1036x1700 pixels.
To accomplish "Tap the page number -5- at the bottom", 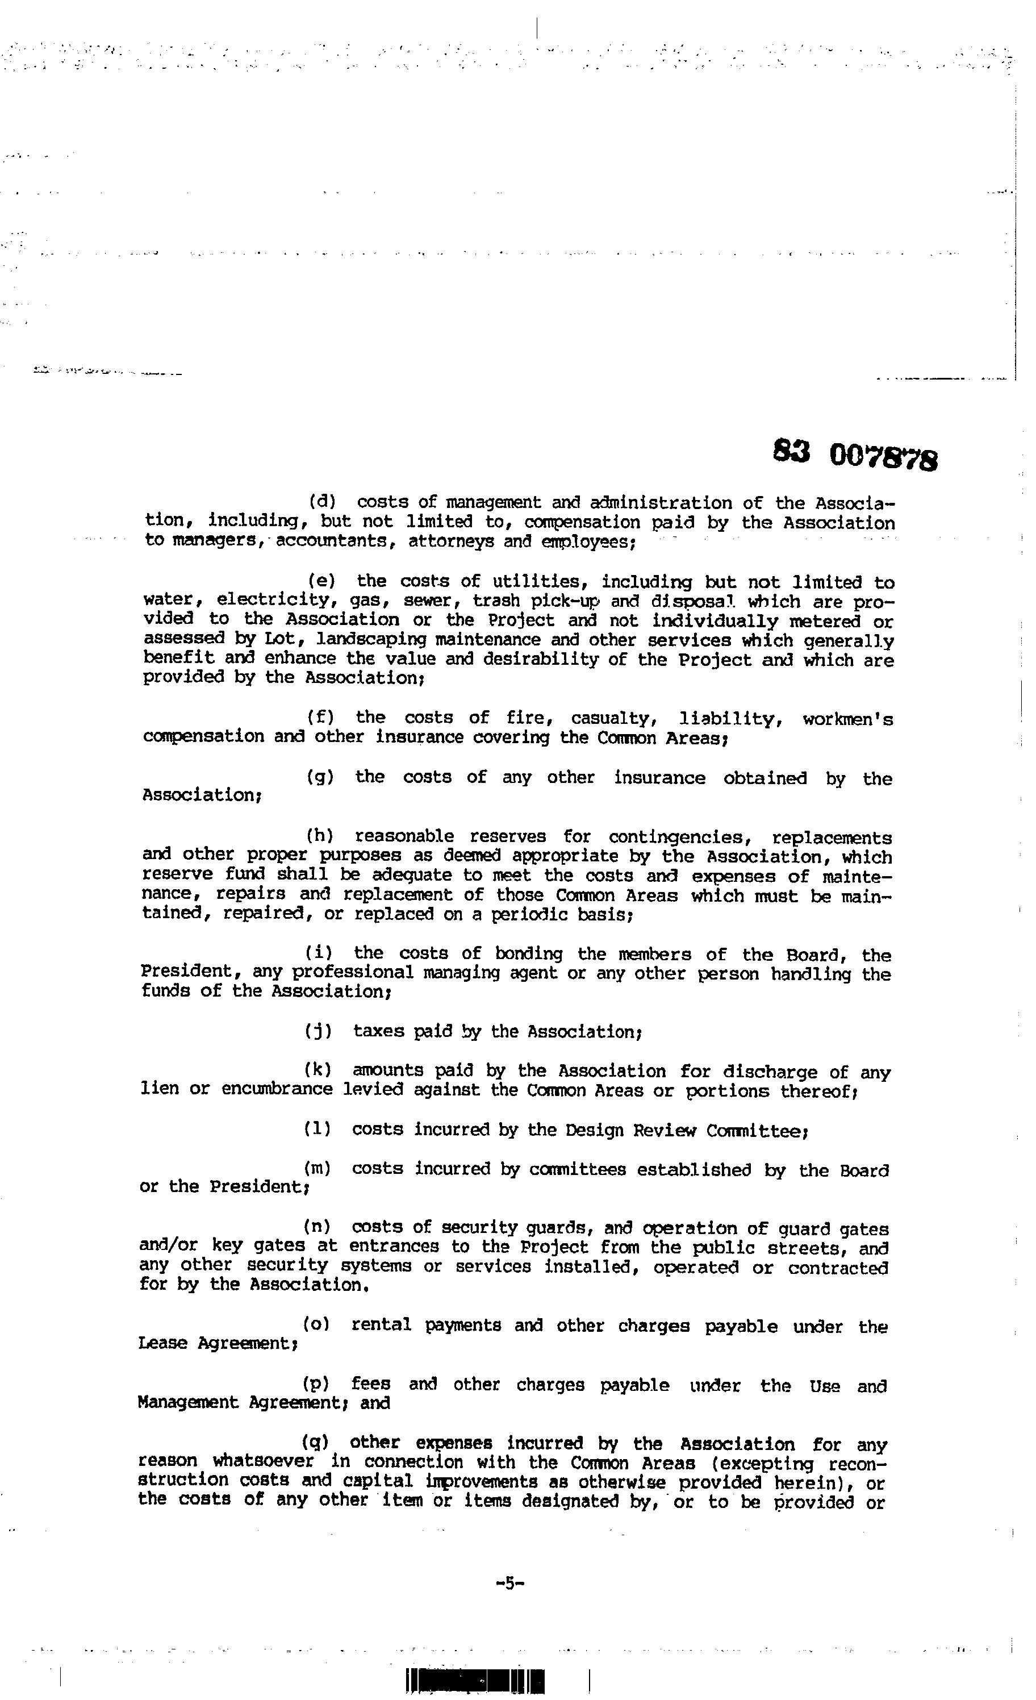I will point(511,1584).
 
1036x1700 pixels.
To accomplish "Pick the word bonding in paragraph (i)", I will point(528,954).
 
